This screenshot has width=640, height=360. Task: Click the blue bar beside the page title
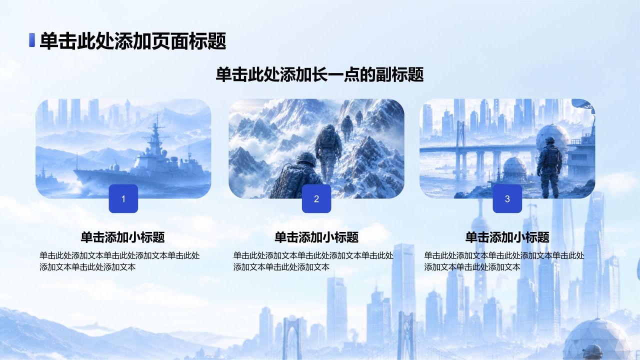click(x=32, y=40)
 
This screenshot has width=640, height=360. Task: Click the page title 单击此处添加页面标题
click(x=133, y=40)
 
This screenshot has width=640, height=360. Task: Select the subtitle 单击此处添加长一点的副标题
click(x=319, y=74)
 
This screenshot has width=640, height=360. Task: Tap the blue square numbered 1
click(x=123, y=198)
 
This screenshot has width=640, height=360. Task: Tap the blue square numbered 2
click(x=316, y=198)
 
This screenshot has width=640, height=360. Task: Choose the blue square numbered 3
click(x=507, y=198)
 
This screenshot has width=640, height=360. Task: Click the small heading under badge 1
click(x=123, y=237)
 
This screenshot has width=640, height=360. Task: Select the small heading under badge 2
click(x=316, y=237)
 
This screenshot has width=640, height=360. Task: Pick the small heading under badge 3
click(x=507, y=237)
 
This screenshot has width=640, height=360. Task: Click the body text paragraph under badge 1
click(x=119, y=261)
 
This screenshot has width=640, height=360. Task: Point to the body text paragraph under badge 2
click(x=313, y=261)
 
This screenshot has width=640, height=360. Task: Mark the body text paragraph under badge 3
click(x=504, y=261)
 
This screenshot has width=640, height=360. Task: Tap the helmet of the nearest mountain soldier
click(x=306, y=159)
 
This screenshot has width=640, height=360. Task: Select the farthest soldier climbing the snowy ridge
click(x=359, y=118)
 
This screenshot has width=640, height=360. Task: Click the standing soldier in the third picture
click(x=549, y=167)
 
